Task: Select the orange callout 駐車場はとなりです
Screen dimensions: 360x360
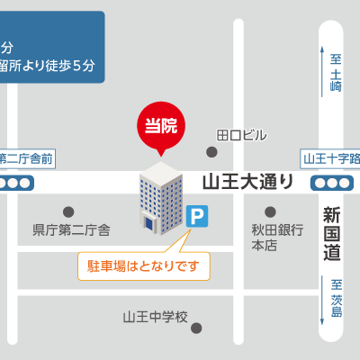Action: [143, 266]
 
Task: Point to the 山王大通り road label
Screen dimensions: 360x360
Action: [247, 181]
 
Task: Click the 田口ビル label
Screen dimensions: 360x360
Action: [242, 135]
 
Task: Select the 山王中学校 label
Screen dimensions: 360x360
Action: [155, 317]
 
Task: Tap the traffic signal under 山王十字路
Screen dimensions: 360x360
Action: [330, 183]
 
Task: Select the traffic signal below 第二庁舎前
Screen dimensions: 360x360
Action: [17, 183]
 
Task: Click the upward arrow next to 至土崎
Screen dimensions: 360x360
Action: [321, 70]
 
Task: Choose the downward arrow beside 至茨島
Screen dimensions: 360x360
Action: [321, 306]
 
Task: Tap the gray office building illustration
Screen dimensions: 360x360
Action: [159, 199]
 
